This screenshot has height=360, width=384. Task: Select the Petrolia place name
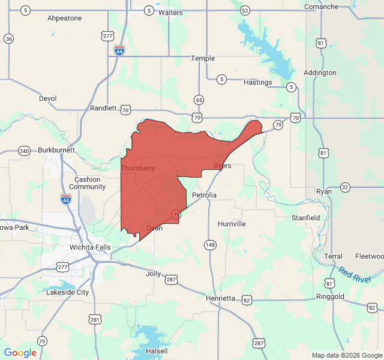(204, 196)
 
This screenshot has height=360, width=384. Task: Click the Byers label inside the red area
(222, 166)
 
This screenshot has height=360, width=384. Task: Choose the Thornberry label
(138, 168)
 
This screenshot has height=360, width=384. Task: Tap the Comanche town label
(321, 7)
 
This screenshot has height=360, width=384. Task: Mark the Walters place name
(170, 12)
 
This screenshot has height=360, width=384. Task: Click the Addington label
(320, 73)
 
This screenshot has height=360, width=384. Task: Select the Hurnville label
(232, 224)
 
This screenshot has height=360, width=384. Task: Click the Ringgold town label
(331, 296)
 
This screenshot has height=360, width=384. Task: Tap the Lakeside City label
(67, 292)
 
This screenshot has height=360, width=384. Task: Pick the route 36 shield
(8, 38)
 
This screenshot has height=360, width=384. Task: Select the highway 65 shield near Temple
(199, 100)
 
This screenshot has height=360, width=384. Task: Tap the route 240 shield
(24, 151)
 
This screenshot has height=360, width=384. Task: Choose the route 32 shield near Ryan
(345, 187)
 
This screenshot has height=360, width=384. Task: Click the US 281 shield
(95, 320)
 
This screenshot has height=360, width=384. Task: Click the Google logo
(20, 353)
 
